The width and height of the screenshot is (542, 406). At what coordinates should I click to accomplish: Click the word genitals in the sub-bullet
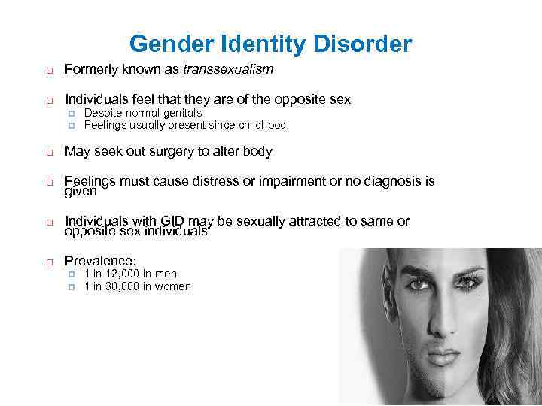181,113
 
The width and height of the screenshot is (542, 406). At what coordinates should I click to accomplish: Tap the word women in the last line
173,286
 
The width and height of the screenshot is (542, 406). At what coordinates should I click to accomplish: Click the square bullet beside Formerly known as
45,71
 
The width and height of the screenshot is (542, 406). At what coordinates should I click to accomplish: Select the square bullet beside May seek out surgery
45,152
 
